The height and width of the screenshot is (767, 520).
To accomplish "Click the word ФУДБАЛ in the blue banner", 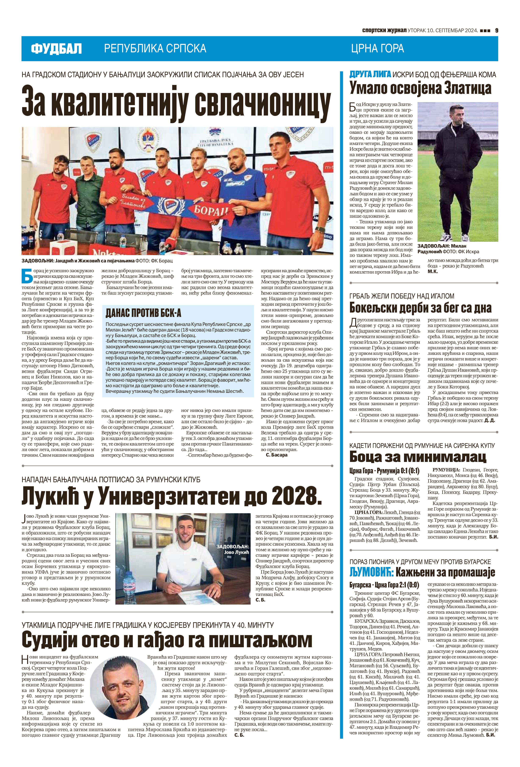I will (x=56, y=49).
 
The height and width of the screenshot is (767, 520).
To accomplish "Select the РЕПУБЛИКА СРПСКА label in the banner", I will (x=155, y=48).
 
